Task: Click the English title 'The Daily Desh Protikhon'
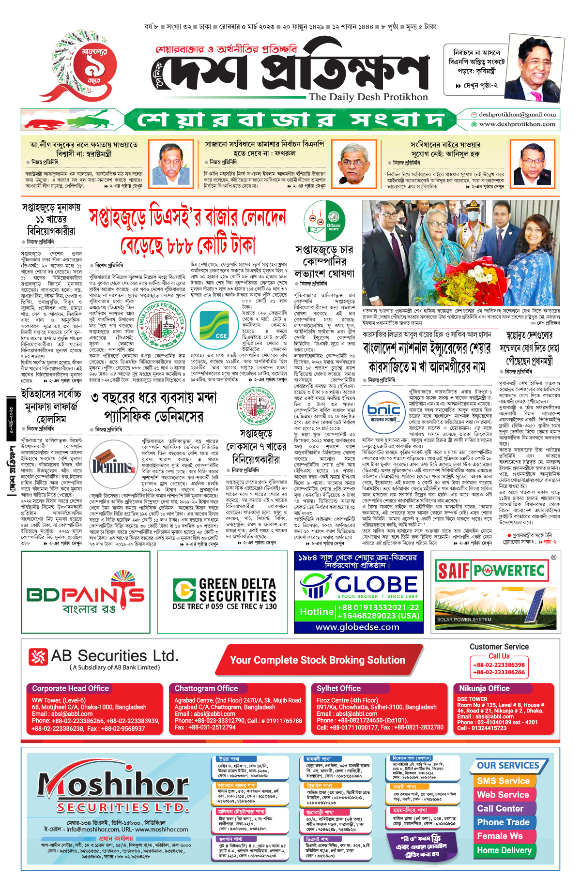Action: pos(368,97)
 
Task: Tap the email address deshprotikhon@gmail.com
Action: pos(517,115)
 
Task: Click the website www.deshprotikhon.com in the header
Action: pos(517,124)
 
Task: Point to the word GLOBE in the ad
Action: pos(376,584)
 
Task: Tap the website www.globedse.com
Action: pos(357,627)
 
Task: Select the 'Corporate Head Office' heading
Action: pos(71,688)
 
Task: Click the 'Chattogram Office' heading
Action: pos(206,688)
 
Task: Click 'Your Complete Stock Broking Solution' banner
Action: pos(318,660)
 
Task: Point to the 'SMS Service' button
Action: pos(503,781)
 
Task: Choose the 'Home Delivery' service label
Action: pos(504,850)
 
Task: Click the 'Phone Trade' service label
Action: pos(503,822)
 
